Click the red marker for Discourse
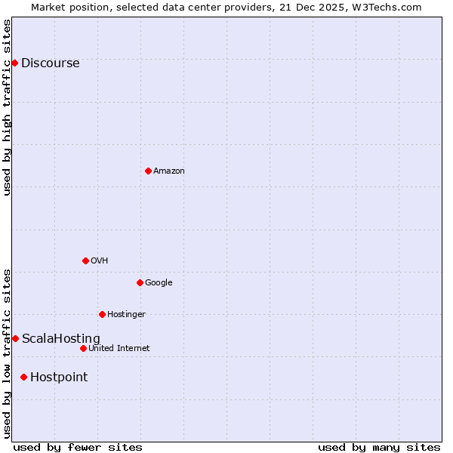coord(15,63)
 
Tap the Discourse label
coord(50,63)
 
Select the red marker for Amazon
coord(148,171)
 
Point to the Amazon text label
coord(169,171)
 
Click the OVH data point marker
coord(85,260)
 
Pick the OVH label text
coord(99,261)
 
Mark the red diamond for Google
coord(140,282)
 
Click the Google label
coord(159,283)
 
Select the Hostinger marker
coord(102,314)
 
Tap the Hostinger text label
coord(126,315)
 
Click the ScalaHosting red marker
coord(15,338)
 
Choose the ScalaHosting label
coord(60,339)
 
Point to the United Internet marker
coord(83,348)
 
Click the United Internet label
coord(119,349)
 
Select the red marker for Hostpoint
coord(24,377)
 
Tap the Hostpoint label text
coord(59,377)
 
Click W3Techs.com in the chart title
coord(389,8)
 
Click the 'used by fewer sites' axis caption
coord(78,447)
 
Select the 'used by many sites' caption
coord(379,447)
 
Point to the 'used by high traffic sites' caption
coord(8,107)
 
